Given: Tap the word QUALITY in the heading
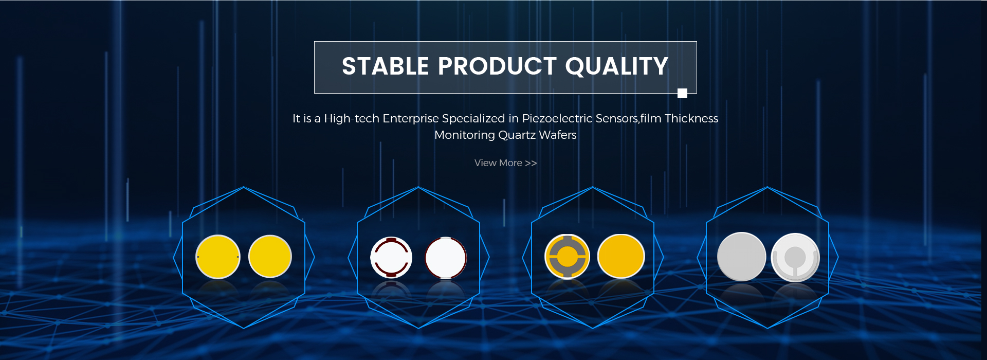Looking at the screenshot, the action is tap(617, 67).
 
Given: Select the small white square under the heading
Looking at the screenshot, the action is tap(682, 93).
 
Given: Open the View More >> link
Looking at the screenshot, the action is tap(505, 163).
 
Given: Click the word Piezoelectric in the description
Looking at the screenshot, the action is tap(557, 118).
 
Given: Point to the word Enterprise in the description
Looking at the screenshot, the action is tap(411, 118).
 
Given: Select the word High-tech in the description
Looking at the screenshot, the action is tap(352, 118).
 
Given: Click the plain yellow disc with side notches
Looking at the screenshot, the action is tap(218, 257).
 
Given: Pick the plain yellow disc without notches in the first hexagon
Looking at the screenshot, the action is tap(270, 256).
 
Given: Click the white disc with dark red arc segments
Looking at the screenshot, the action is tap(391, 257).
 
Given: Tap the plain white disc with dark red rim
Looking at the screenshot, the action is tap(446, 258).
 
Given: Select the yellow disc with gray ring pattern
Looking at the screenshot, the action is tap(567, 256).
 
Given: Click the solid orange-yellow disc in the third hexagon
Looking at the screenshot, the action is tap(621, 256).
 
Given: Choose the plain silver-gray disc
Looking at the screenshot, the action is tap(741, 257).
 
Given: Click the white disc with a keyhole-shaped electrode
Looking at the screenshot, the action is tap(795, 257).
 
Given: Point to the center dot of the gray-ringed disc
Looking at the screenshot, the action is tap(567, 256).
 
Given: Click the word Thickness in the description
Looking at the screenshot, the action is tap(691, 118).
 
